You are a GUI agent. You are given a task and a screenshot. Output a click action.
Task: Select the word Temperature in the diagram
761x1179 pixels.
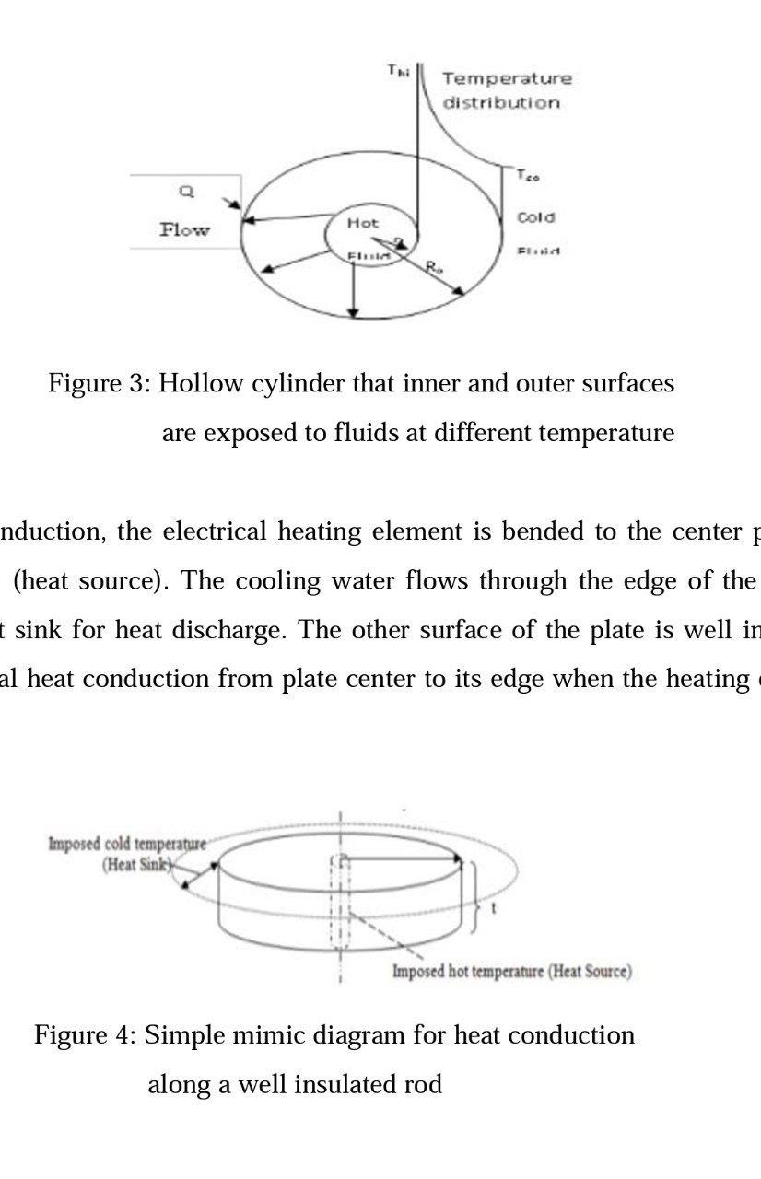coord(507,78)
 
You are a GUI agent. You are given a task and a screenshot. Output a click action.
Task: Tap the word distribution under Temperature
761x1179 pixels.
coord(501,102)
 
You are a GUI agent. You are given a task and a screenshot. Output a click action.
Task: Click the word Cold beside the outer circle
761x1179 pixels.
coord(535,217)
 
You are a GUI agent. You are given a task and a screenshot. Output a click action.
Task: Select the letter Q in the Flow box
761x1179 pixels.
coord(185,192)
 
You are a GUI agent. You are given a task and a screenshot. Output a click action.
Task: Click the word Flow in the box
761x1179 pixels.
coord(184,229)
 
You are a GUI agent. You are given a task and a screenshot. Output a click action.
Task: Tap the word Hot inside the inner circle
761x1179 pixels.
coord(362,223)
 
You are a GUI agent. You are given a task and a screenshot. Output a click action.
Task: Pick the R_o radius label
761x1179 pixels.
coord(434,267)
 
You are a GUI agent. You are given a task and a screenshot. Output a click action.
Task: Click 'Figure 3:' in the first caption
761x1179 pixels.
coord(99,383)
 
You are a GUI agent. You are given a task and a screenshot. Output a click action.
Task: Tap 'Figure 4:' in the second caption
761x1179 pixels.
coord(85,1035)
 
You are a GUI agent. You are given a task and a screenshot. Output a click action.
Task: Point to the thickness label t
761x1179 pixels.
coord(494,907)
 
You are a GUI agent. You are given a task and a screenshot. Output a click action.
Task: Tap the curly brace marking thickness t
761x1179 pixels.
coord(474,898)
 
